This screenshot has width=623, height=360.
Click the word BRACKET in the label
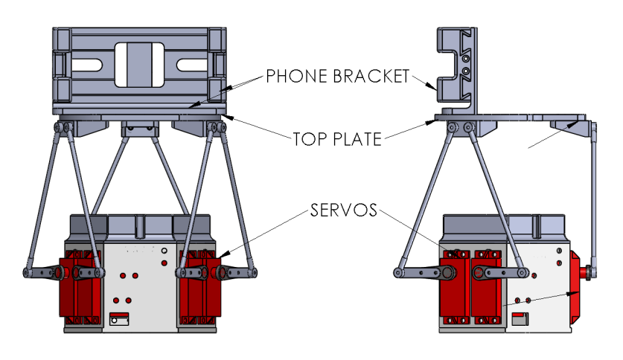(372, 76)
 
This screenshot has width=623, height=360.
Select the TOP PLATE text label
(337, 138)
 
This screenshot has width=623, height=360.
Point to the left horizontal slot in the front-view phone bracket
(88, 65)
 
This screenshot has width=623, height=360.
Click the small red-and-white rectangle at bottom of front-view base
(119, 319)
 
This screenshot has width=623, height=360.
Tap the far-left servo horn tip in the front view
(28, 274)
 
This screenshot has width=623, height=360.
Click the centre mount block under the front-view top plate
(139, 128)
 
